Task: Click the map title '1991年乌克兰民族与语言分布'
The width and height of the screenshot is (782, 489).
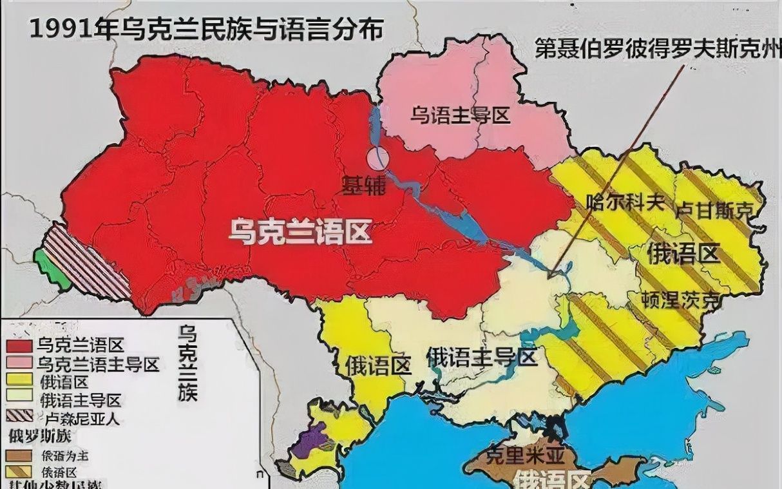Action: pyautogui.click(x=205, y=30)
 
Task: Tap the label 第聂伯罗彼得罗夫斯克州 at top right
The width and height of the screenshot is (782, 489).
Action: pyautogui.click(x=657, y=50)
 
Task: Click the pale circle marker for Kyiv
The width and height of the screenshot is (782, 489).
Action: pyautogui.click(x=378, y=157)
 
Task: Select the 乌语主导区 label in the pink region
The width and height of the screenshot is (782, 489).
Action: pyautogui.click(x=460, y=115)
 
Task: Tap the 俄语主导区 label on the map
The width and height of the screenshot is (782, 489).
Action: pyautogui.click(x=481, y=356)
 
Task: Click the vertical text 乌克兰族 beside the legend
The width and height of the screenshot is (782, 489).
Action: pyautogui.click(x=187, y=364)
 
